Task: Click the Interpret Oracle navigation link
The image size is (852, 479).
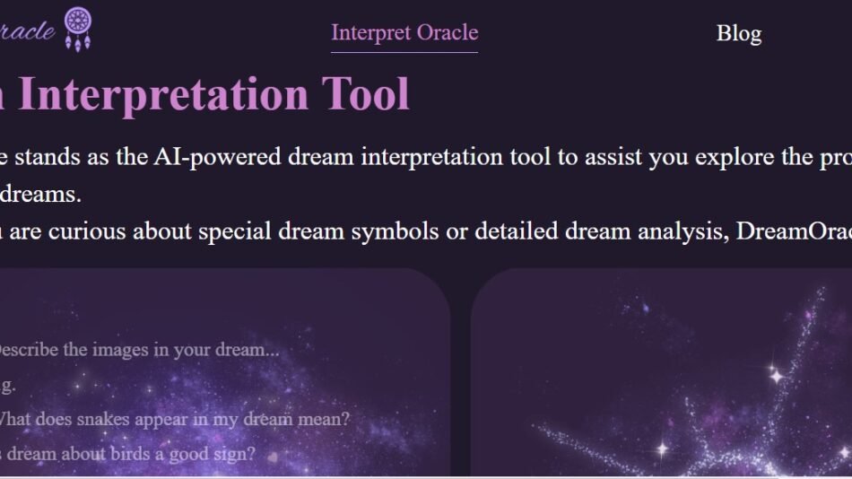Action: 404,33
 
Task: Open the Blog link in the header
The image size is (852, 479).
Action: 738,34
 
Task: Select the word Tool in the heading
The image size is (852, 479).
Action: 367,94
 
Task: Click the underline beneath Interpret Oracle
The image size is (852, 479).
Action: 404,52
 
